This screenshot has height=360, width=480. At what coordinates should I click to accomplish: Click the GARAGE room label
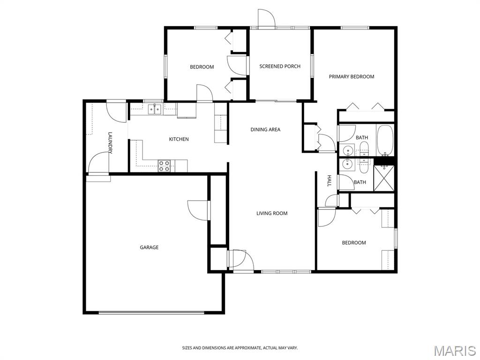149,247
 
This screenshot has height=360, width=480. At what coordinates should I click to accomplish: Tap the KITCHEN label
179,139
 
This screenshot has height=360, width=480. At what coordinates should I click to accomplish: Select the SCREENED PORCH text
280,67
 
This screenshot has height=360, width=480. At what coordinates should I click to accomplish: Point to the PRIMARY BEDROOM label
352,76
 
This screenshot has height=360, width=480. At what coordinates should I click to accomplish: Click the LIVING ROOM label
272,213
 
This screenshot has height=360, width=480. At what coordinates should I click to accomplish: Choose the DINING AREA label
265,129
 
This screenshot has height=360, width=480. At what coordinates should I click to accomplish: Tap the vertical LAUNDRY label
110,143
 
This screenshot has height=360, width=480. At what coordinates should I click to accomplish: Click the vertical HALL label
330,181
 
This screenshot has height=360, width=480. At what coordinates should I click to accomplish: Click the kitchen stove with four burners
164,166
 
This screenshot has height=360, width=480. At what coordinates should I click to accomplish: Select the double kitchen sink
155,109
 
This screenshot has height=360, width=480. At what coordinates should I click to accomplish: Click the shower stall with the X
384,178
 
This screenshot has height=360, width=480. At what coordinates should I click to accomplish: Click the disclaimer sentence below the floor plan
240,348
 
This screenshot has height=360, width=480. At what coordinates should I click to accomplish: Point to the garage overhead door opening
151,313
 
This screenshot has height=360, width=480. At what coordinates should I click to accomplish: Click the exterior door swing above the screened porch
266,19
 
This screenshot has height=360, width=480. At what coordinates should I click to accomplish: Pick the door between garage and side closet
199,210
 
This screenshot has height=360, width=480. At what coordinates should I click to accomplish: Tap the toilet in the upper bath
364,149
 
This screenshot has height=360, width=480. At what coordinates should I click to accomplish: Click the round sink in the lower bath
348,164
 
